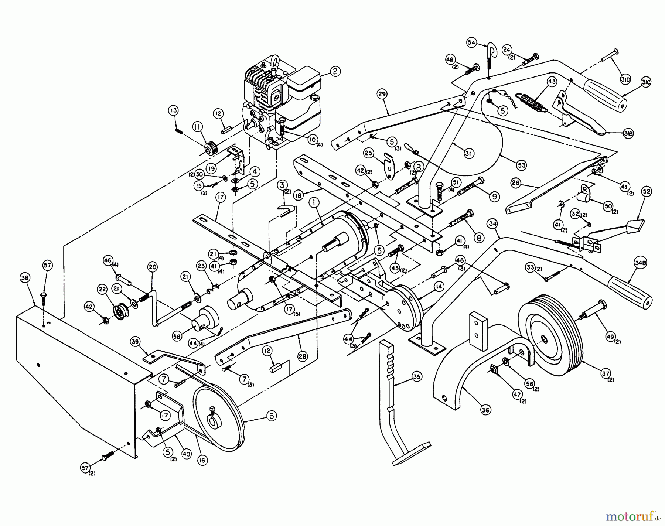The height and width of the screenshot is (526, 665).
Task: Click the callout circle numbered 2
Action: pos(335,71)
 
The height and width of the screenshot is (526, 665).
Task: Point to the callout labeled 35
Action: pos(416,377)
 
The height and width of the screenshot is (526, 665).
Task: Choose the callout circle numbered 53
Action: pos(521,165)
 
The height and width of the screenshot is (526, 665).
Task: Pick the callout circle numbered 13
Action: pos(173,110)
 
